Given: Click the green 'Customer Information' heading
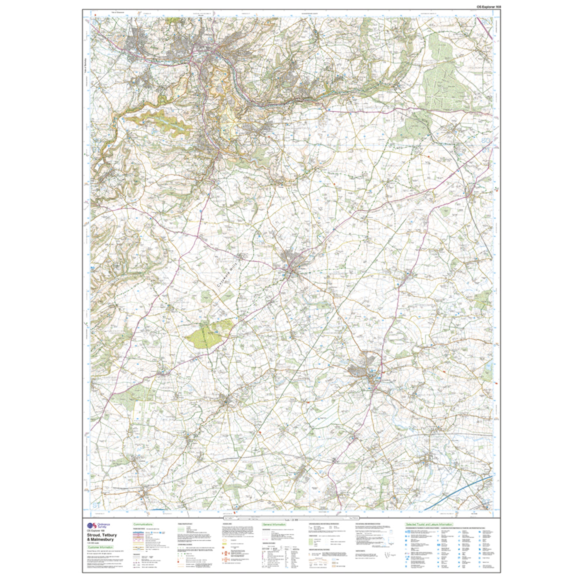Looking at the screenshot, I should pyautogui.click(x=100, y=547).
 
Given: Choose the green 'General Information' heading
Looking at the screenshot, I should pyautogui.click(x=272, y=524).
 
